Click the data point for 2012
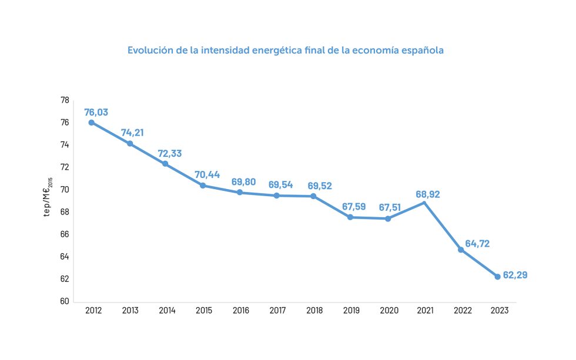tap(92, 123)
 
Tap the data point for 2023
tap(498, 277)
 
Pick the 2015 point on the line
tap(203, 186)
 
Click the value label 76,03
tap(96, 112)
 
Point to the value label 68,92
tap(428, 194)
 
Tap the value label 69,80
tap(243, 181)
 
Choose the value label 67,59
tap(354, 207)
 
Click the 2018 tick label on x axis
tap(314, 311)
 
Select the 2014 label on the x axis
tap(167, 311)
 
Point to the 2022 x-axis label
tap(462, 311)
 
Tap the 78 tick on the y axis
tap(65, 100)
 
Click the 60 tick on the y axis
tap(65, 302)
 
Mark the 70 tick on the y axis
tap(65, 190)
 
